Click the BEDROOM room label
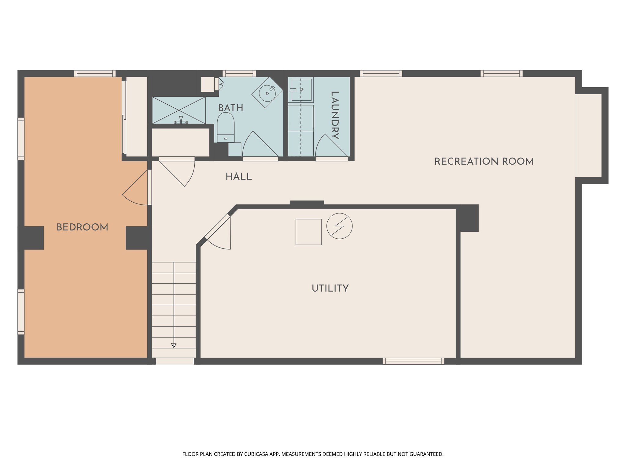(x=82, y=227)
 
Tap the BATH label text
(x=230, y=108)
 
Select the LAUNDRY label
(x=335, y=115)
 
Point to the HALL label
(x=239, y=177)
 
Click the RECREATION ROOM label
(x=484, y=162)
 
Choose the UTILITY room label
(x=330, y=288)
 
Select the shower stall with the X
(x=179, y=110)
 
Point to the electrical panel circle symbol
(x=339, y=226)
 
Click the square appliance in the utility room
(x=308, y=232)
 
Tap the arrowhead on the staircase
(x=174, y=345)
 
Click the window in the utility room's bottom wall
(x=413, y=361)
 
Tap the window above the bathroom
(x=239, y=73)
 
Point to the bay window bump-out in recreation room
(x=592, y=136)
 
